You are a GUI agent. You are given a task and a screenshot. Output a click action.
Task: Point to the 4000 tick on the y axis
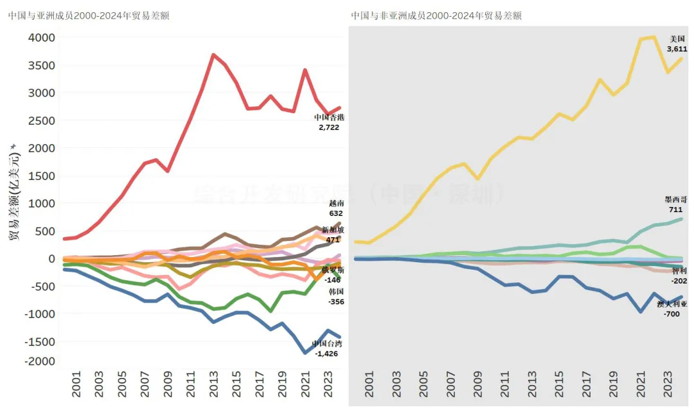click(41, 38)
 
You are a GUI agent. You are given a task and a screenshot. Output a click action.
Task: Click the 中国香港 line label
click(328, 118)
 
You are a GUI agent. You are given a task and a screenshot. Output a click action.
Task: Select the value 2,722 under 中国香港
click(328, 127)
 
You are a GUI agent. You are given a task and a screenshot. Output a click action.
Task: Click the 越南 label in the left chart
click(336, 204)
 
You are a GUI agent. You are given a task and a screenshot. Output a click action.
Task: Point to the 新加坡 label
click(333, 230)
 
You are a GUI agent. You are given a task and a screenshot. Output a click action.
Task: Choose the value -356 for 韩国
click(336, 301)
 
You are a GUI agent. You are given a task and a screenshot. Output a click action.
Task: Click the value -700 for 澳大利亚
click(672, 314)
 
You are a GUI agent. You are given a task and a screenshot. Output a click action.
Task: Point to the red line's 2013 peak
click(213, 55)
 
